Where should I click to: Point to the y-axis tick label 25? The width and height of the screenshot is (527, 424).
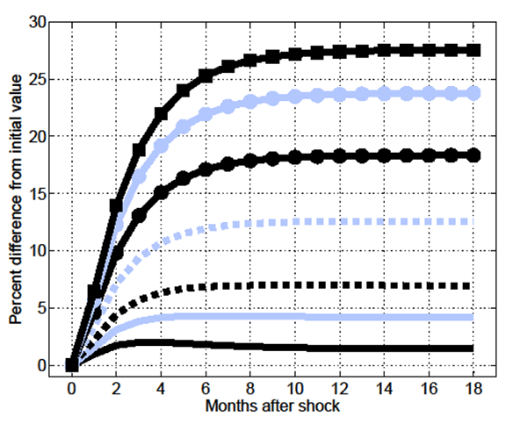click(x=37, y=80)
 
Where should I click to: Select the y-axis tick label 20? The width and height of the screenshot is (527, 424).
click(x=37, y=137)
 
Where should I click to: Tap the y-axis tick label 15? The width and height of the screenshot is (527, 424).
click(x=37, y=194)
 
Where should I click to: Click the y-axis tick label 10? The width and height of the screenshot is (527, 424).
click(x=37, y=251)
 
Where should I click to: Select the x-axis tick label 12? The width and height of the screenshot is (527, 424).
click(x=340, y=388)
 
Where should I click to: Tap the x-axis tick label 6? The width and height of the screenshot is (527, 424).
click(x=206, y=388)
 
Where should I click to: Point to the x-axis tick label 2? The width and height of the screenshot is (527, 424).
click(x=116, y=388)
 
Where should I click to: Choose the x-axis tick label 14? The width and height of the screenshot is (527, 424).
click(x=385, y=388)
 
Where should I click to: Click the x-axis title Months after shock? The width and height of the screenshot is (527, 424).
click(x=272, y=406)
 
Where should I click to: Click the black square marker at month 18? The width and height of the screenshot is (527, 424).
click(x=474, y=50)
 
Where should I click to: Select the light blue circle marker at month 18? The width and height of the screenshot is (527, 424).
click(x=474, y=92)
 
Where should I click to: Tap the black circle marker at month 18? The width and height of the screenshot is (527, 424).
click(x=474, y=155)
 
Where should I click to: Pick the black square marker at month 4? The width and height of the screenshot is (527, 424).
click(x=161, y=114)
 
